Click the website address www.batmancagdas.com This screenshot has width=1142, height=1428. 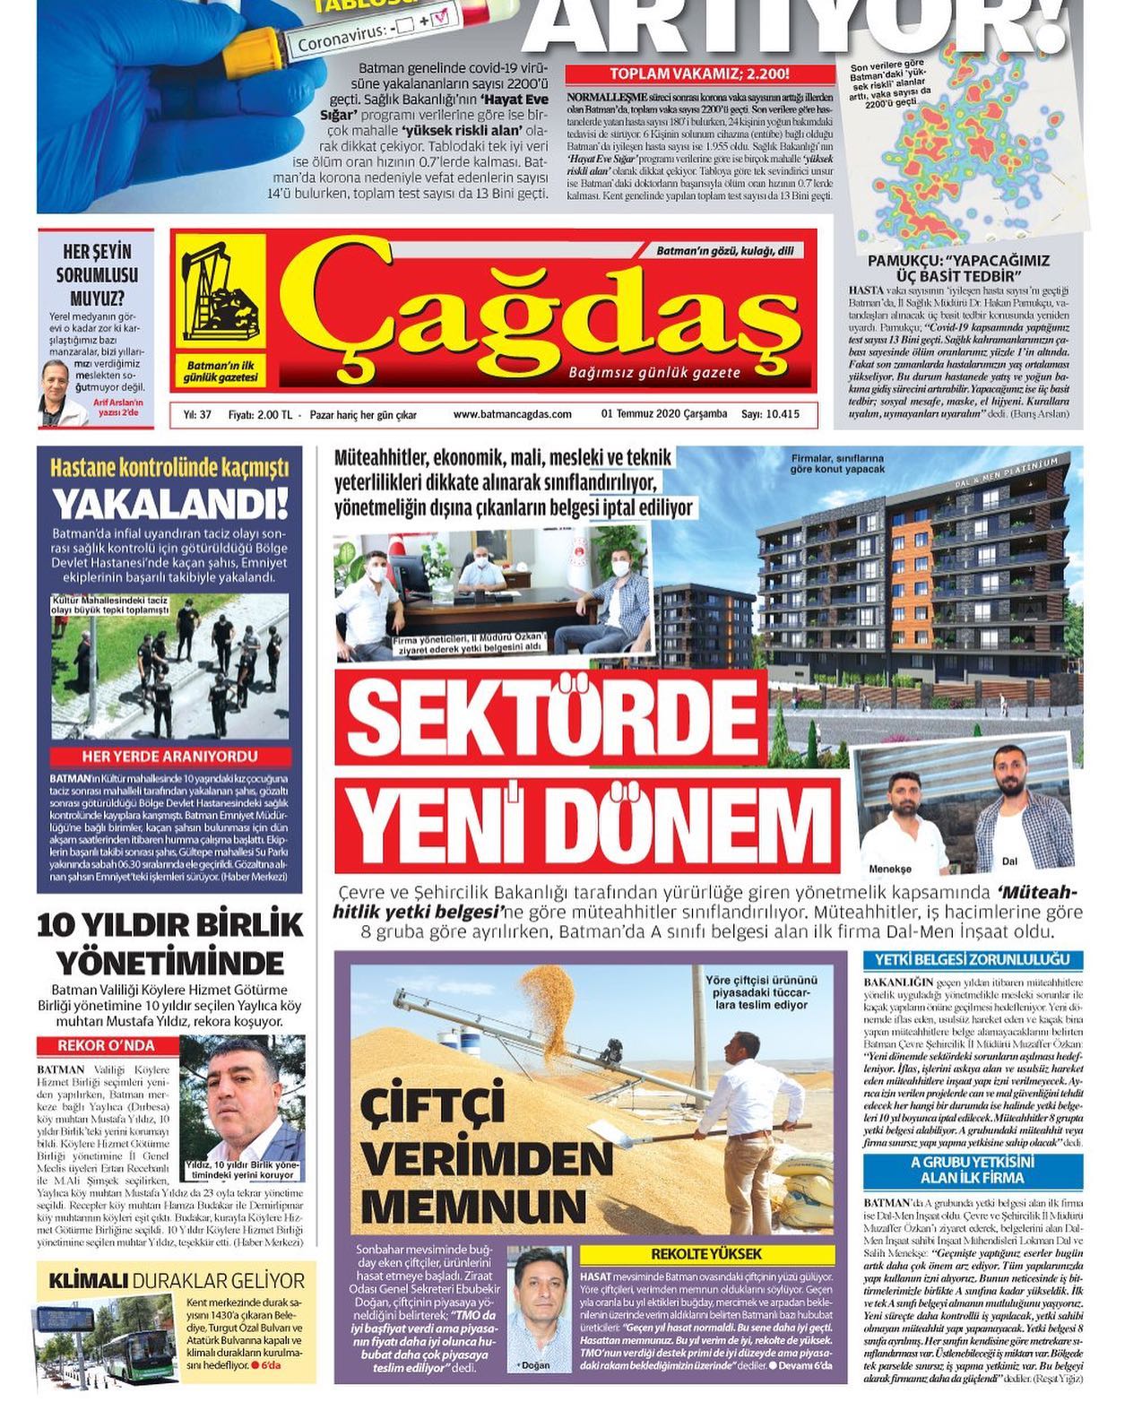[x=512, y=414]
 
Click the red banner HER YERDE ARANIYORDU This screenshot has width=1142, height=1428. [x=170, y=756]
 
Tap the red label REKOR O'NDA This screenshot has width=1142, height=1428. [x=106, y=1045]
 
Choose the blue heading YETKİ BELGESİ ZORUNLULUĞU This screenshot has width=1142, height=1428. [x=972, y=960]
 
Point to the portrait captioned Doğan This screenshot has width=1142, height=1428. [x=539, y=1311]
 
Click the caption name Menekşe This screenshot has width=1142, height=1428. [x=890, y=869]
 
